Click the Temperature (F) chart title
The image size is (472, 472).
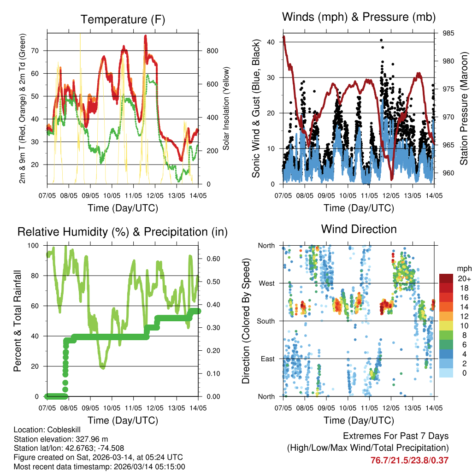[123, 20]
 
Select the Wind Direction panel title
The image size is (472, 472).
[359, 229]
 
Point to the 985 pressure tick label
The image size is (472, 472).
[448, 33]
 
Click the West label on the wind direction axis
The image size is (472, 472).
[266, 283]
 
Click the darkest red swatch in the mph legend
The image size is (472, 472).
[446, 278]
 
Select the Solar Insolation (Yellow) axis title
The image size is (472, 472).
[226, 108]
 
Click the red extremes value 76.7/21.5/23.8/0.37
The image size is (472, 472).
[409, 460]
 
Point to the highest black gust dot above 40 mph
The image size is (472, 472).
[381, 40]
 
